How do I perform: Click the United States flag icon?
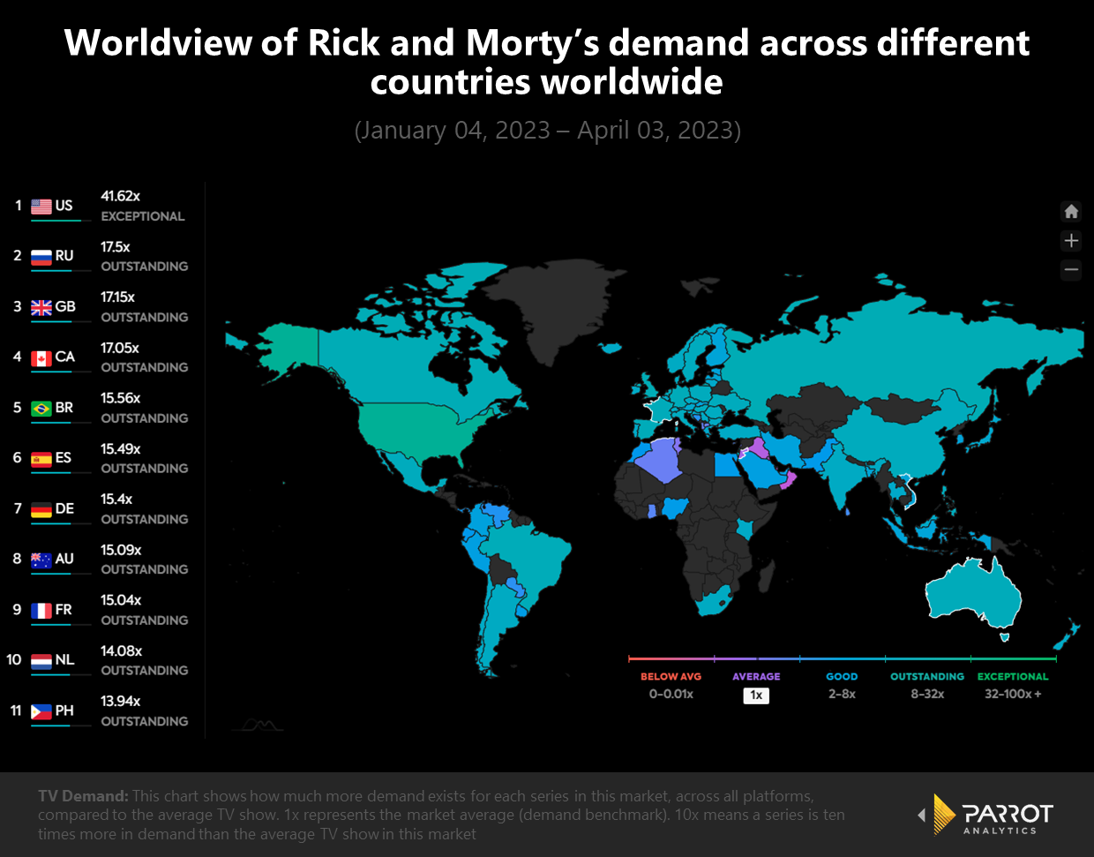[41, 206]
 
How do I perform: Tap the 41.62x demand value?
[120, 196]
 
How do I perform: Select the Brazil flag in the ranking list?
[41, 408]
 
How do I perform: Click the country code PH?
[64, 710]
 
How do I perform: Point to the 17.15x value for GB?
[117, 297]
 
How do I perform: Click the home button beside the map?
[1071, 212]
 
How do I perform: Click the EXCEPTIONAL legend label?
[1013, 677]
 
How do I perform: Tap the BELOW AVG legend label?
[671, 677]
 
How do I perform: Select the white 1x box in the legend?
[756, 695]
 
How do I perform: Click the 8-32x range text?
[927, 695]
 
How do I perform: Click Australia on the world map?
[970, 591]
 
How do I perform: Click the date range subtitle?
[547, 131]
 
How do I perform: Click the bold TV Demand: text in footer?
[83, 796]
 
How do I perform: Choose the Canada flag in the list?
[41, 357]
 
